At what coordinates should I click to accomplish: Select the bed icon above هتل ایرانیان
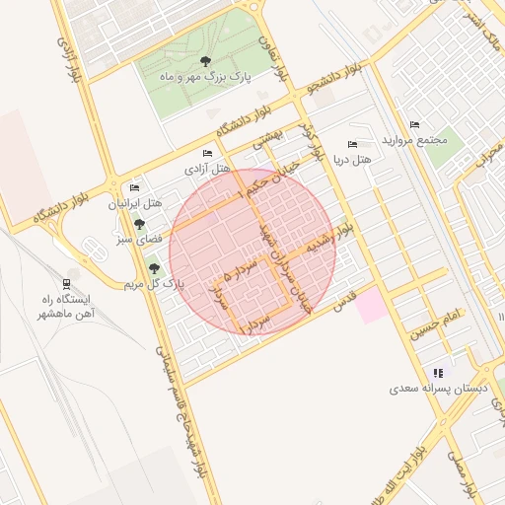click(x=134, y=187)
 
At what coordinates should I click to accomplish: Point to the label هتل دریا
click(x=352, y=159)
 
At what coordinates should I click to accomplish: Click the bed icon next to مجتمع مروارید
click(x=414, y=125)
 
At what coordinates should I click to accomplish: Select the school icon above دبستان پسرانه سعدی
click(x=438, y=373)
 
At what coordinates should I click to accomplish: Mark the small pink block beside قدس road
click(x=371, y=306)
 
